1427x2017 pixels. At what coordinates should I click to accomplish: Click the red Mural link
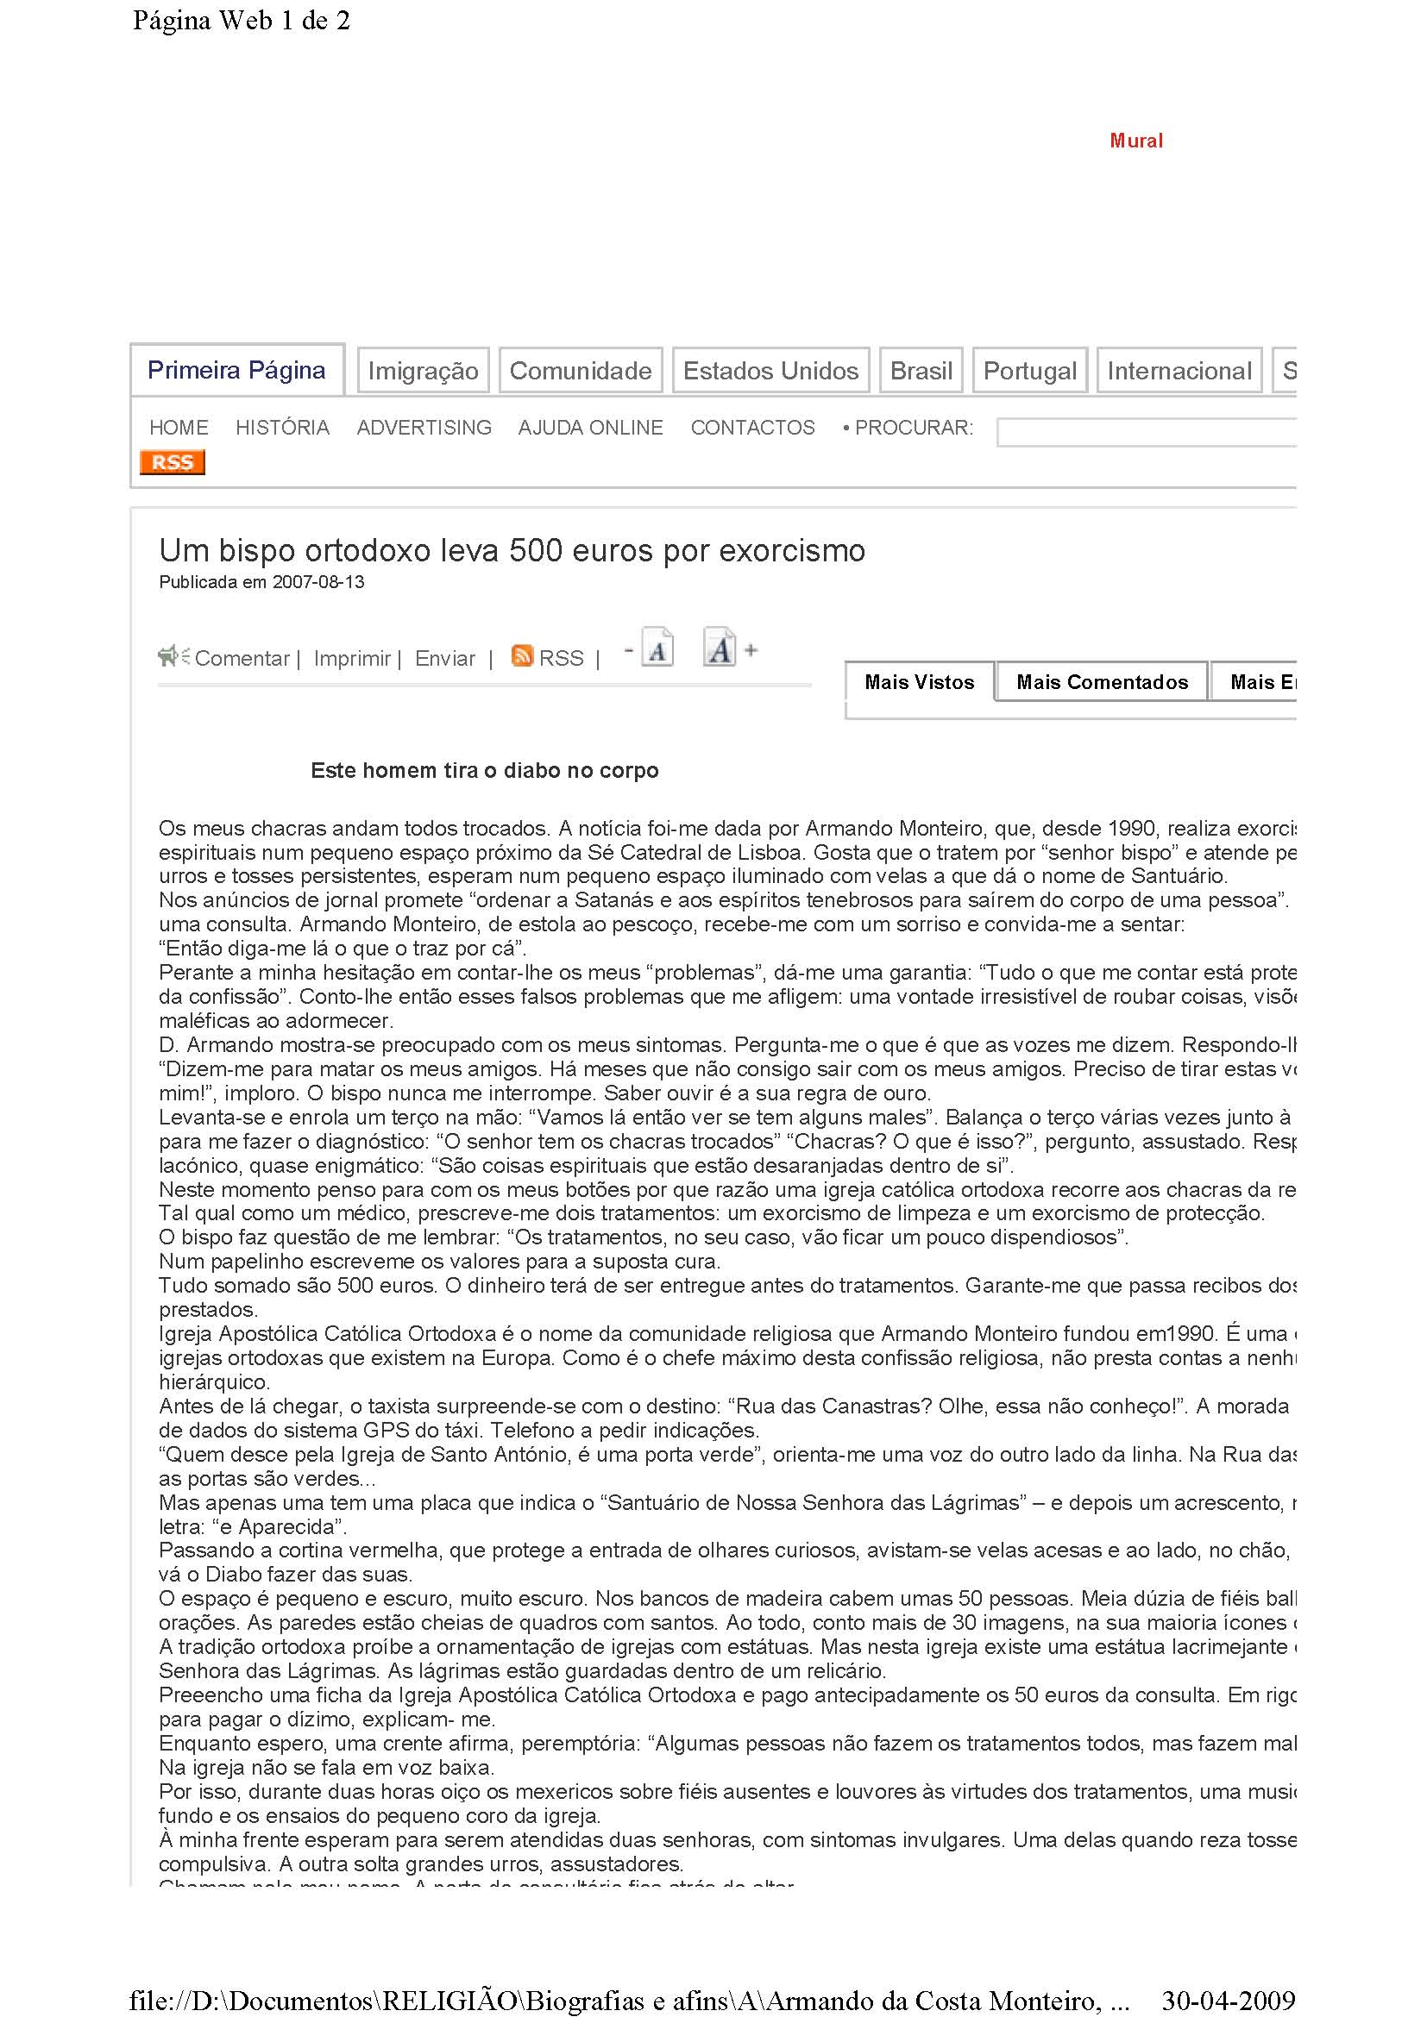coord(1135,141)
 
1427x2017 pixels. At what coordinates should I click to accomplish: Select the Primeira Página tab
coord(236,370)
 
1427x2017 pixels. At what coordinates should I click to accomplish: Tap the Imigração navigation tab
coord(423,371)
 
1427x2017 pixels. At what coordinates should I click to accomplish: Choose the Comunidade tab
coord(580,371)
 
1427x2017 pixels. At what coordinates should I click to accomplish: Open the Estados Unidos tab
coord(770,371)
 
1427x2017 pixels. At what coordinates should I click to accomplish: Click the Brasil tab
coord(921,371)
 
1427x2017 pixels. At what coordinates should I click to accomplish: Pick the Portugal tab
coord(1030,371)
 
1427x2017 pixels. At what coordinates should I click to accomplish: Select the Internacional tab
coord(1179,371)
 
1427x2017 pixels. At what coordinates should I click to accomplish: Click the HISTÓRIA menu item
coord(282,428)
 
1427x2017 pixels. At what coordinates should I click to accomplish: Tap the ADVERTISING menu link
coord(424,428)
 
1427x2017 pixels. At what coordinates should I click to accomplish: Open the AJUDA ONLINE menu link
coord(590,428)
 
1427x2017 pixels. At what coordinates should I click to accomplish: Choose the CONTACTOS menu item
coord(752,428)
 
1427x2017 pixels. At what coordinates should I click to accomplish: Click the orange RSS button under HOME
coord(173,462)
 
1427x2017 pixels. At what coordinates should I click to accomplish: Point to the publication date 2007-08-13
coord(318,581)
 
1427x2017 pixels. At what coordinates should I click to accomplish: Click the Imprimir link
coord(351,658)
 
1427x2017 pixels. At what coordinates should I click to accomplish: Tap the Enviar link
coord(444,658)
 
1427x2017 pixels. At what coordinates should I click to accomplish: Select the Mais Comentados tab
coord(1102,682)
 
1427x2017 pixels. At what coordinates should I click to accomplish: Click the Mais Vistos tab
coord(919,682)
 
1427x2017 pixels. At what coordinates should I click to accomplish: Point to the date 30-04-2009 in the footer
coord(1228,2001)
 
